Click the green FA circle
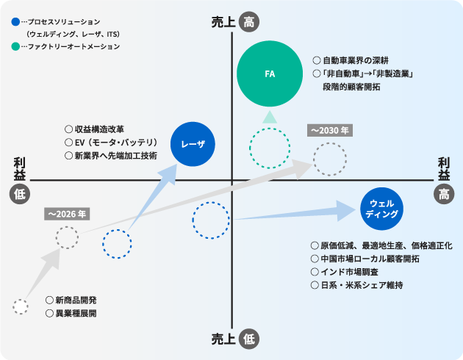coord(270,73)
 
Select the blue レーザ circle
coord(193,144)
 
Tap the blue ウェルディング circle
coord(381,209)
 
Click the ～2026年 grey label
coord(66,214)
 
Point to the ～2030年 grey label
coord(329,130)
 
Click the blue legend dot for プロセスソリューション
coord(16,23)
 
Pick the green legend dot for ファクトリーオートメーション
coord(16,46)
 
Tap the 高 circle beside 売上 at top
coord(250,23)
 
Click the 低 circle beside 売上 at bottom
coord(250,339)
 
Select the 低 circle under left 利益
coord(19,193)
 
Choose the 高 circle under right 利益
coord(444,193)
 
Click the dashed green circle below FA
coord(270,149)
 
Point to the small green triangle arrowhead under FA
coord(270,116)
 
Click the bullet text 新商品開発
coord(76,300)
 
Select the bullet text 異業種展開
coord(76,314)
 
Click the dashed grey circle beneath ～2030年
coord(329,158)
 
